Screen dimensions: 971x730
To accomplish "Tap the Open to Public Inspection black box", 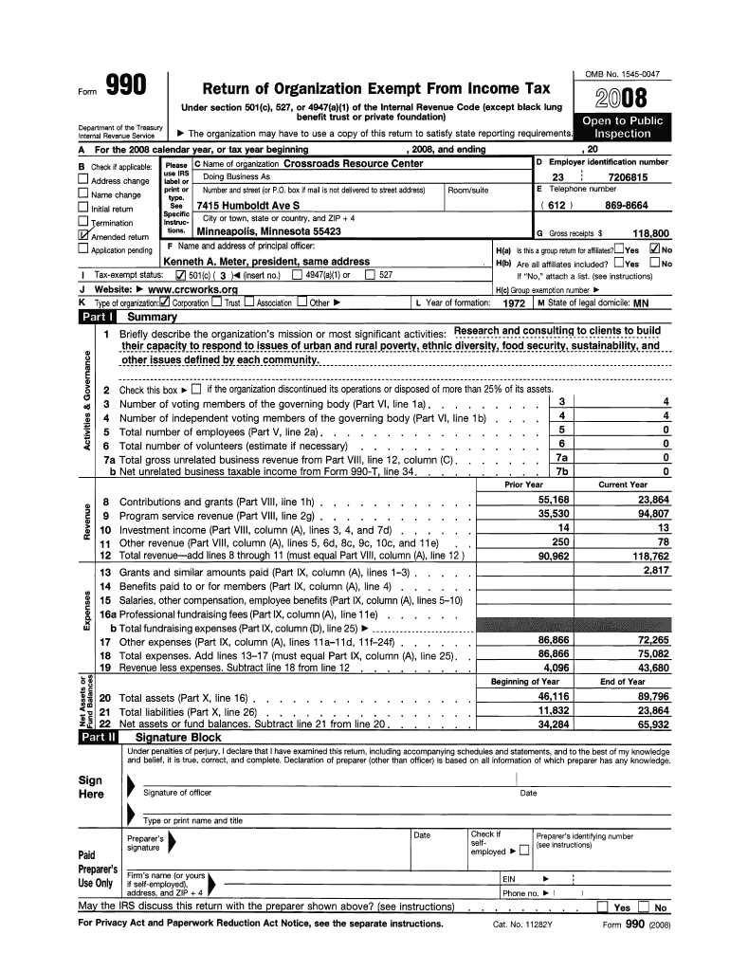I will click(x=622, y=127).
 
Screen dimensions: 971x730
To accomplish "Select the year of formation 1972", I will click(x=514, y=302).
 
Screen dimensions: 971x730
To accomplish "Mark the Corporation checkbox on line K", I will click(x=165, y=302).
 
